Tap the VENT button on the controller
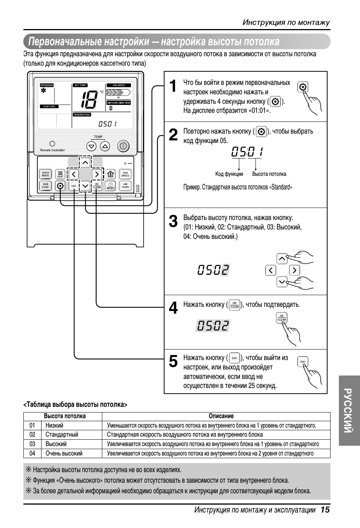(60, 174)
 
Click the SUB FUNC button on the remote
(45, 186)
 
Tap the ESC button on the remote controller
(74, 186)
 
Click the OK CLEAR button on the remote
(97, 186)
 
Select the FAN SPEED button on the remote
(125, 174)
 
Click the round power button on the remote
(123, 146)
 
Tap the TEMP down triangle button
(91, 146)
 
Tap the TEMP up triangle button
(105, 146)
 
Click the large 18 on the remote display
(89, 100)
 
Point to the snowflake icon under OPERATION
(44, 91)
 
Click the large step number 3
(173, 222)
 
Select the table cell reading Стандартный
(62, 434)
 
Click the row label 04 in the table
(32, 453)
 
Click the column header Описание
(221, 416)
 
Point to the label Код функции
(229, 174)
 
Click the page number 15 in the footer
(325, 510)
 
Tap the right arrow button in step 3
(294, 270)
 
